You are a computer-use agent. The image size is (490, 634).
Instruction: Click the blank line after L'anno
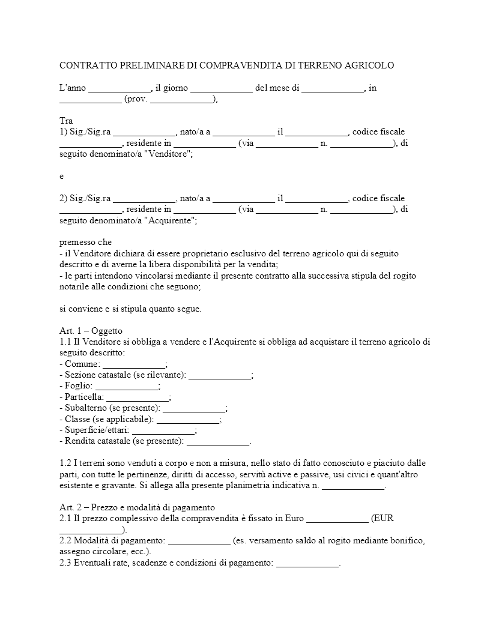119,88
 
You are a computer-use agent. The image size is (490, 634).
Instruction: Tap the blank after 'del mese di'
333,88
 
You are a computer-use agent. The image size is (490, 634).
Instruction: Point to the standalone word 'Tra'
66,121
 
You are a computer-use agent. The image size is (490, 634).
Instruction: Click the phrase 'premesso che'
85,243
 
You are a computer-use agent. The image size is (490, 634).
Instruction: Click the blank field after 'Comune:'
133,364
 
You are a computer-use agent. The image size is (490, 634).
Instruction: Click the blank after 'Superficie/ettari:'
163,430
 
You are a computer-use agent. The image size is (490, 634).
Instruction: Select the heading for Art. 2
137,508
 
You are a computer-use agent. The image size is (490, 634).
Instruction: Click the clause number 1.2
66,463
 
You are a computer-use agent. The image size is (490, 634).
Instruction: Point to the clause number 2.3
66,563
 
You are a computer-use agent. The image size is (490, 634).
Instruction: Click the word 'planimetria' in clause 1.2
254,486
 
